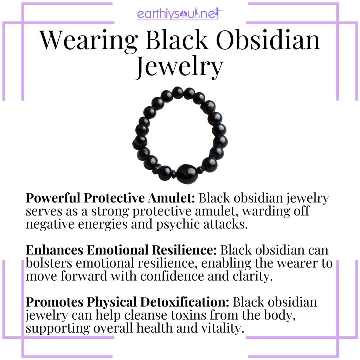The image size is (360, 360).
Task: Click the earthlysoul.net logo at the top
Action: click(180, 15)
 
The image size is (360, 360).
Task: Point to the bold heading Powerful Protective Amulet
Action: click(110, 199)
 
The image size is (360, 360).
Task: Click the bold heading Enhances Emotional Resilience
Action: click(122, 251)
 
